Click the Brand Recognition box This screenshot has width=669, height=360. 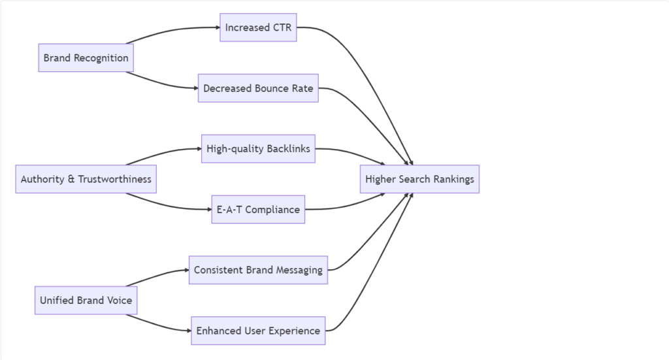coord(86,57)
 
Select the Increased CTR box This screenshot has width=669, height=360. coord(258,27)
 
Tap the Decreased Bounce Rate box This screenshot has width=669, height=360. coord(258,88)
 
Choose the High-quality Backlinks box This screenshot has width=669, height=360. coord(258,149)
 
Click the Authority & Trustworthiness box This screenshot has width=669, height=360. coord(86,179)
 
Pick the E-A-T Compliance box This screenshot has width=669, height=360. coord(258,210)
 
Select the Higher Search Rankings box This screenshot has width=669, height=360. coord(419,179)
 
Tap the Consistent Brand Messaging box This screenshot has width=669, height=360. coord(258,270)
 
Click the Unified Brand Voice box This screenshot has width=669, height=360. coord(86,301)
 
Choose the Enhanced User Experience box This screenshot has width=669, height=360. coord(258,331)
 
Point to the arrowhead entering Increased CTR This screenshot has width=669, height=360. coord(217,27)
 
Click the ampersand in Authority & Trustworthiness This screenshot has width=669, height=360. coord(71,179)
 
